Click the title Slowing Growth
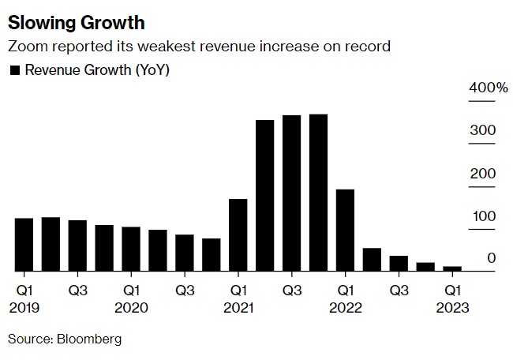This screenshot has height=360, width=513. [77, 19]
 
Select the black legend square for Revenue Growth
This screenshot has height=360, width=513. [14, 70]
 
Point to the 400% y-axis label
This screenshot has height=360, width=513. [489, 88]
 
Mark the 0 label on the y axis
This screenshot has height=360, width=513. [491, 258]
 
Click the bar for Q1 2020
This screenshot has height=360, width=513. [131, 249]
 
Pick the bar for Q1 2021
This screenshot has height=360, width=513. [238, 234]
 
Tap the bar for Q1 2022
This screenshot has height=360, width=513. [345, 230]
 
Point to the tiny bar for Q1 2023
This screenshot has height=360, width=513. [452, 268]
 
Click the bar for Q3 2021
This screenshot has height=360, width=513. [292, 193]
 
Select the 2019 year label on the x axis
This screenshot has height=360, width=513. [24, 307]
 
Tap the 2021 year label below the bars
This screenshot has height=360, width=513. [238, 307]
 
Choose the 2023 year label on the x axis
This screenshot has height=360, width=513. [452, 307]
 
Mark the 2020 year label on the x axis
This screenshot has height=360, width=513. [131, 307]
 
